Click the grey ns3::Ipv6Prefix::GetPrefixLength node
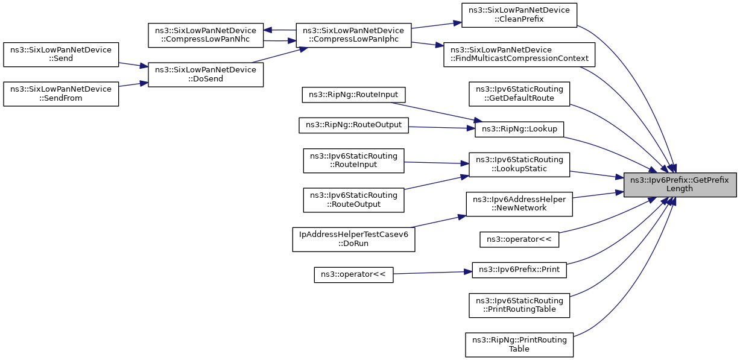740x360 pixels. click(680, 185)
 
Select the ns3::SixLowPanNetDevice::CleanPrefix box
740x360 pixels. click(519, 15)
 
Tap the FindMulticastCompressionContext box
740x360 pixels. click(519, 54)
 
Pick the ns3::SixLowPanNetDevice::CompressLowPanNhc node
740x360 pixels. click(206, 35)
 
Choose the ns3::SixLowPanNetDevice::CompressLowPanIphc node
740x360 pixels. click(353, 35)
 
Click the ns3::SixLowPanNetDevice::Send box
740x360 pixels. click(61, 54)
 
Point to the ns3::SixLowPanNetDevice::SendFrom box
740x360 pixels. click(61, 94)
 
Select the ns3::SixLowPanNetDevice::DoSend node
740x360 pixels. click(206, 75)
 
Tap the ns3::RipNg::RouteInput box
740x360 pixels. click(353, 95)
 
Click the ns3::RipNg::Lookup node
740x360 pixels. click(519, 129)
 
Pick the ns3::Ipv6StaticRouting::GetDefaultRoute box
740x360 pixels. click(519, 94)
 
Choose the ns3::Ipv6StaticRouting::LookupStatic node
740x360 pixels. click(519, 165)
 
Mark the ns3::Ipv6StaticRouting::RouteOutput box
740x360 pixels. click(353, 200)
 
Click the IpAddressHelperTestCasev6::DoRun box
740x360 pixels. click(353, 239)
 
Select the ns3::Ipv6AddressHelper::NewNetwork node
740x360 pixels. click(519, 204)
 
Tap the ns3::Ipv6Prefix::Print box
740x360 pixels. click(519, 270)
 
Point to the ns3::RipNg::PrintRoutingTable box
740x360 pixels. click(519, 345)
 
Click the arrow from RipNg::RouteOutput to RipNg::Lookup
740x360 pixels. click(441, 127)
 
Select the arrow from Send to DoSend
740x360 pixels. click(133, 65)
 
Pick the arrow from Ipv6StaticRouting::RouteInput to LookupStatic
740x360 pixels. click(437, 163)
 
